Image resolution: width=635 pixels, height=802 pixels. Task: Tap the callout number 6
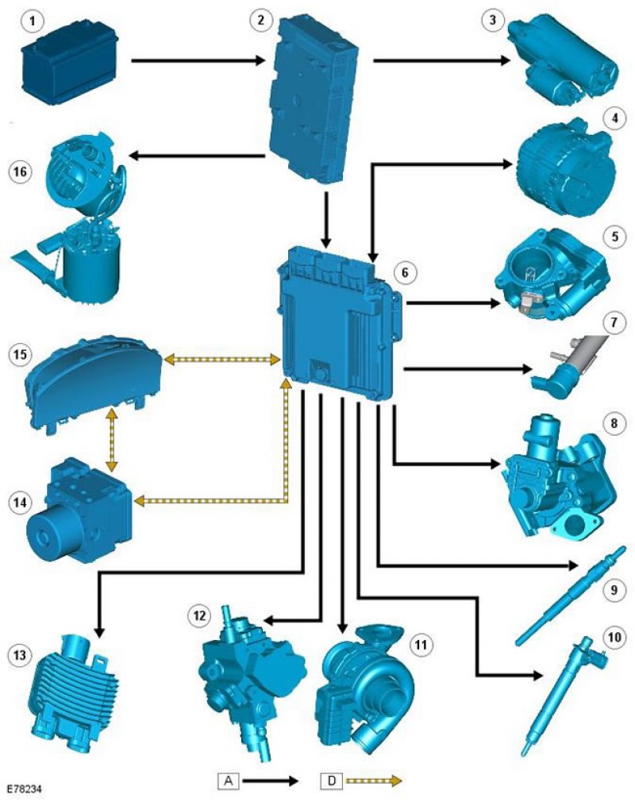pyautogui.click(x=404, y=272)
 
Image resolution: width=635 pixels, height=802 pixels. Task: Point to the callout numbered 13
pyautogui.click(x=18, y=654)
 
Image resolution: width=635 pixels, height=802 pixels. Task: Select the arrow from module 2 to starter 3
pyautogui.click(x=441, y=60)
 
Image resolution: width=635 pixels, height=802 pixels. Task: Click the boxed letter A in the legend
pyautogui.click(x=229, y=781)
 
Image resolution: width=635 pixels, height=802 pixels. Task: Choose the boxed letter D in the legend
pyautogui.click(x=331, y=781)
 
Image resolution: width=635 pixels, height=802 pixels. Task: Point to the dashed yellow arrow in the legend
pyautogui.click(x=373, y=781)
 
